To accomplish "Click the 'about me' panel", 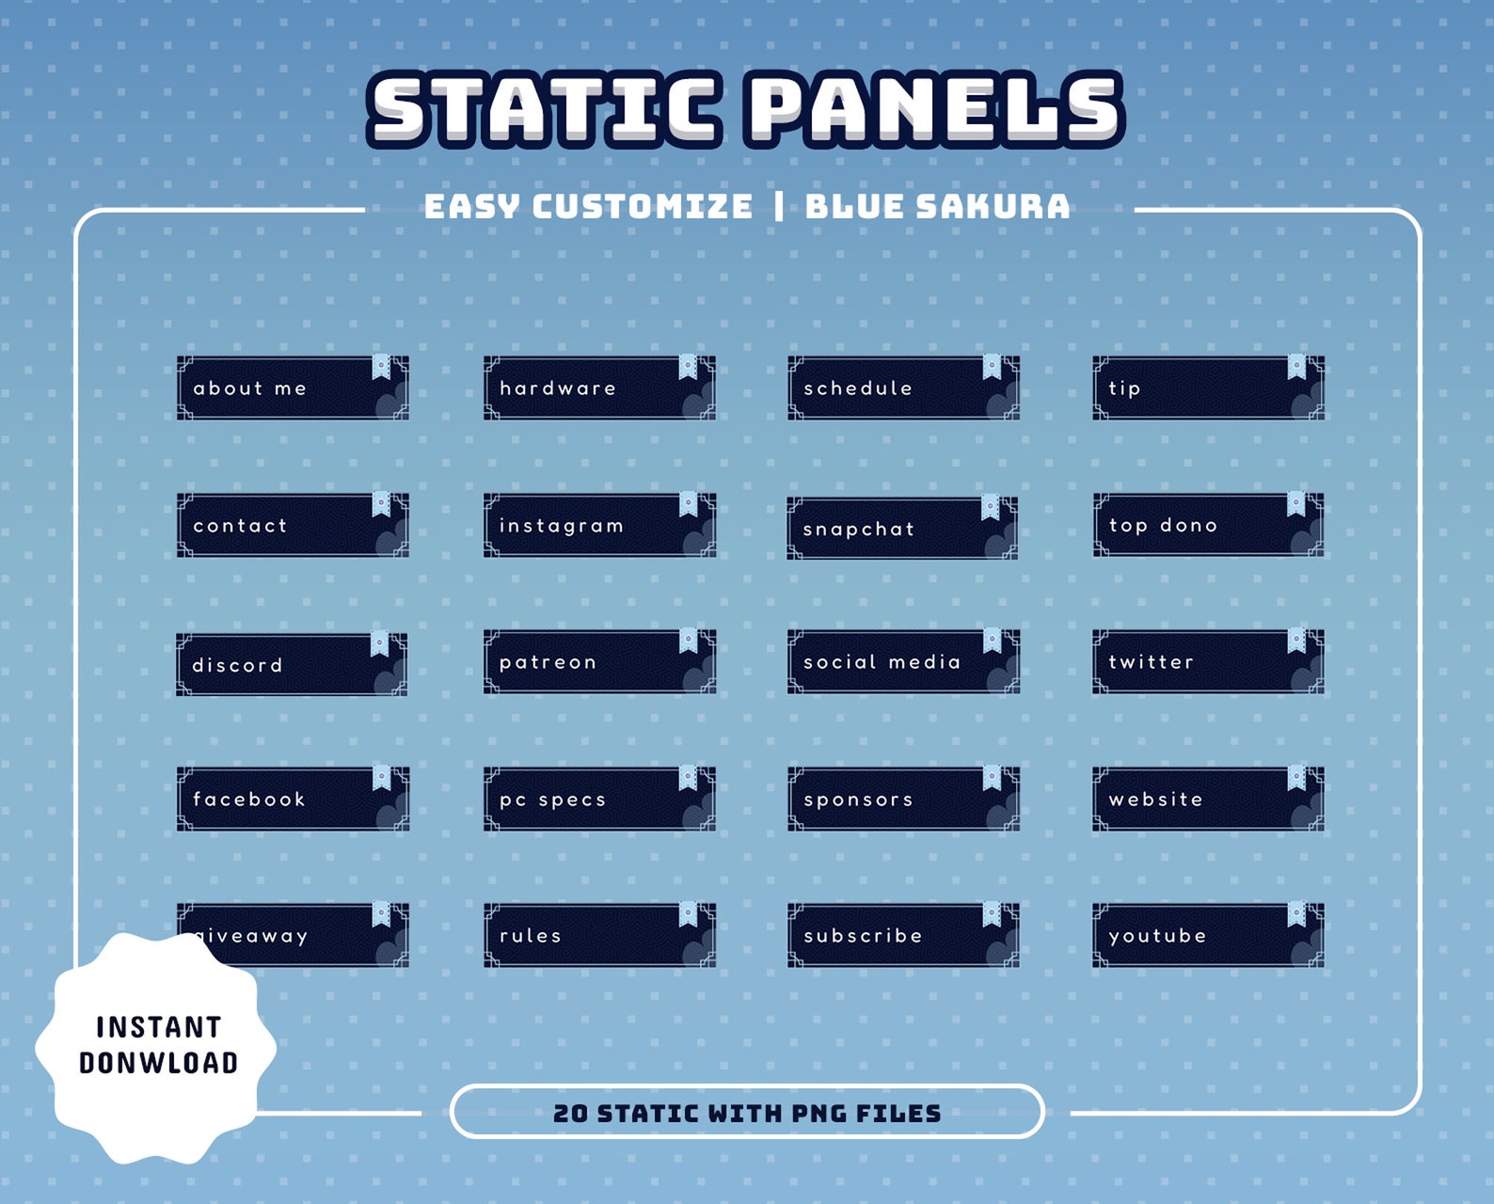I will (x=293, y=388).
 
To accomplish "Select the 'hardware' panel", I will (x=599, y=388).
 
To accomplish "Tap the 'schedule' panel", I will (x=903, y=388).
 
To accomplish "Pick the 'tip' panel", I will (x=1208, y=388).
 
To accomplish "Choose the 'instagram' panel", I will (x=599, y=525).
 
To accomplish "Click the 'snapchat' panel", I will (x=902, y=529).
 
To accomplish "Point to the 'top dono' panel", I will (x=1208, y=525).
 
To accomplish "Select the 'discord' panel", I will (x=292, y=664).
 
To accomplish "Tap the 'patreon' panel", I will (x=599, y=661).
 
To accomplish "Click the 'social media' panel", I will (x=903, y=661).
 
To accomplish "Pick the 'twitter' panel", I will (x=1208, y=661).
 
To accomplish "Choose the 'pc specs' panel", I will (x=599, y=799).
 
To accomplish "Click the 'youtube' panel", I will (x=1208, y=935).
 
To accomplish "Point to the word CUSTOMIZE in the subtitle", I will (x=642, y=207).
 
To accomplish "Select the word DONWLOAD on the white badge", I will (x=158, y=1063).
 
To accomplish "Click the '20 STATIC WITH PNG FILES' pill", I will (x=747, y=1113).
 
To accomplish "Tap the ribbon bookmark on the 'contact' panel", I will (x=381, y=503).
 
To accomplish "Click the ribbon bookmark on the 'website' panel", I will (x=1296, y=777).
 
